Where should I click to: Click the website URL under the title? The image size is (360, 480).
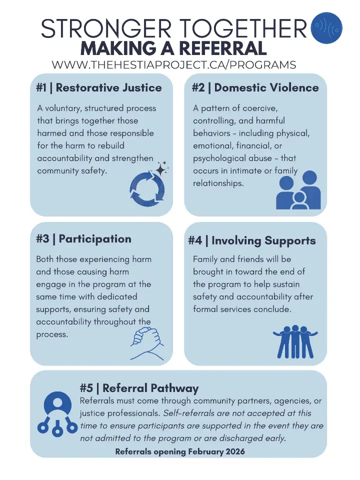point(174,65)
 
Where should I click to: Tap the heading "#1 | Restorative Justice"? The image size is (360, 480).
point(99,88)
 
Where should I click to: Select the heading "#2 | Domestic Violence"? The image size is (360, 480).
point(255,88)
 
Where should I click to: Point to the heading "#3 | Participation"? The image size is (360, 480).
point(83,239)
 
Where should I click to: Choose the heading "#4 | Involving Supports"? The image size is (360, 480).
point(252,241)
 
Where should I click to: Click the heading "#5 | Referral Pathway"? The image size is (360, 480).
point(139,388)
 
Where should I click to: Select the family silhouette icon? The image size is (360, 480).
point(297,190)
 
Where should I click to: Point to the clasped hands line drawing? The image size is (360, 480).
point(147,342)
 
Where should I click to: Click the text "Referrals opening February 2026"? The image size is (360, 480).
point(180,451)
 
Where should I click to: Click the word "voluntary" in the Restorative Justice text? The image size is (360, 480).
point(63,108)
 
